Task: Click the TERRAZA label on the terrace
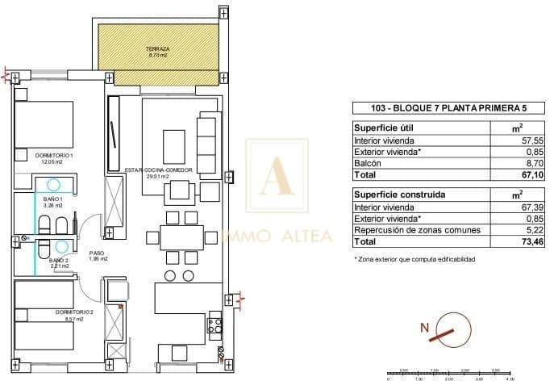(157, 49)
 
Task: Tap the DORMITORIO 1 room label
(54, 155)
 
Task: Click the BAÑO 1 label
(53, 199)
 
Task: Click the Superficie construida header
(394, 194)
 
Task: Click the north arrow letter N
(424, 329)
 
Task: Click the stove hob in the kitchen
(216, 326)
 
